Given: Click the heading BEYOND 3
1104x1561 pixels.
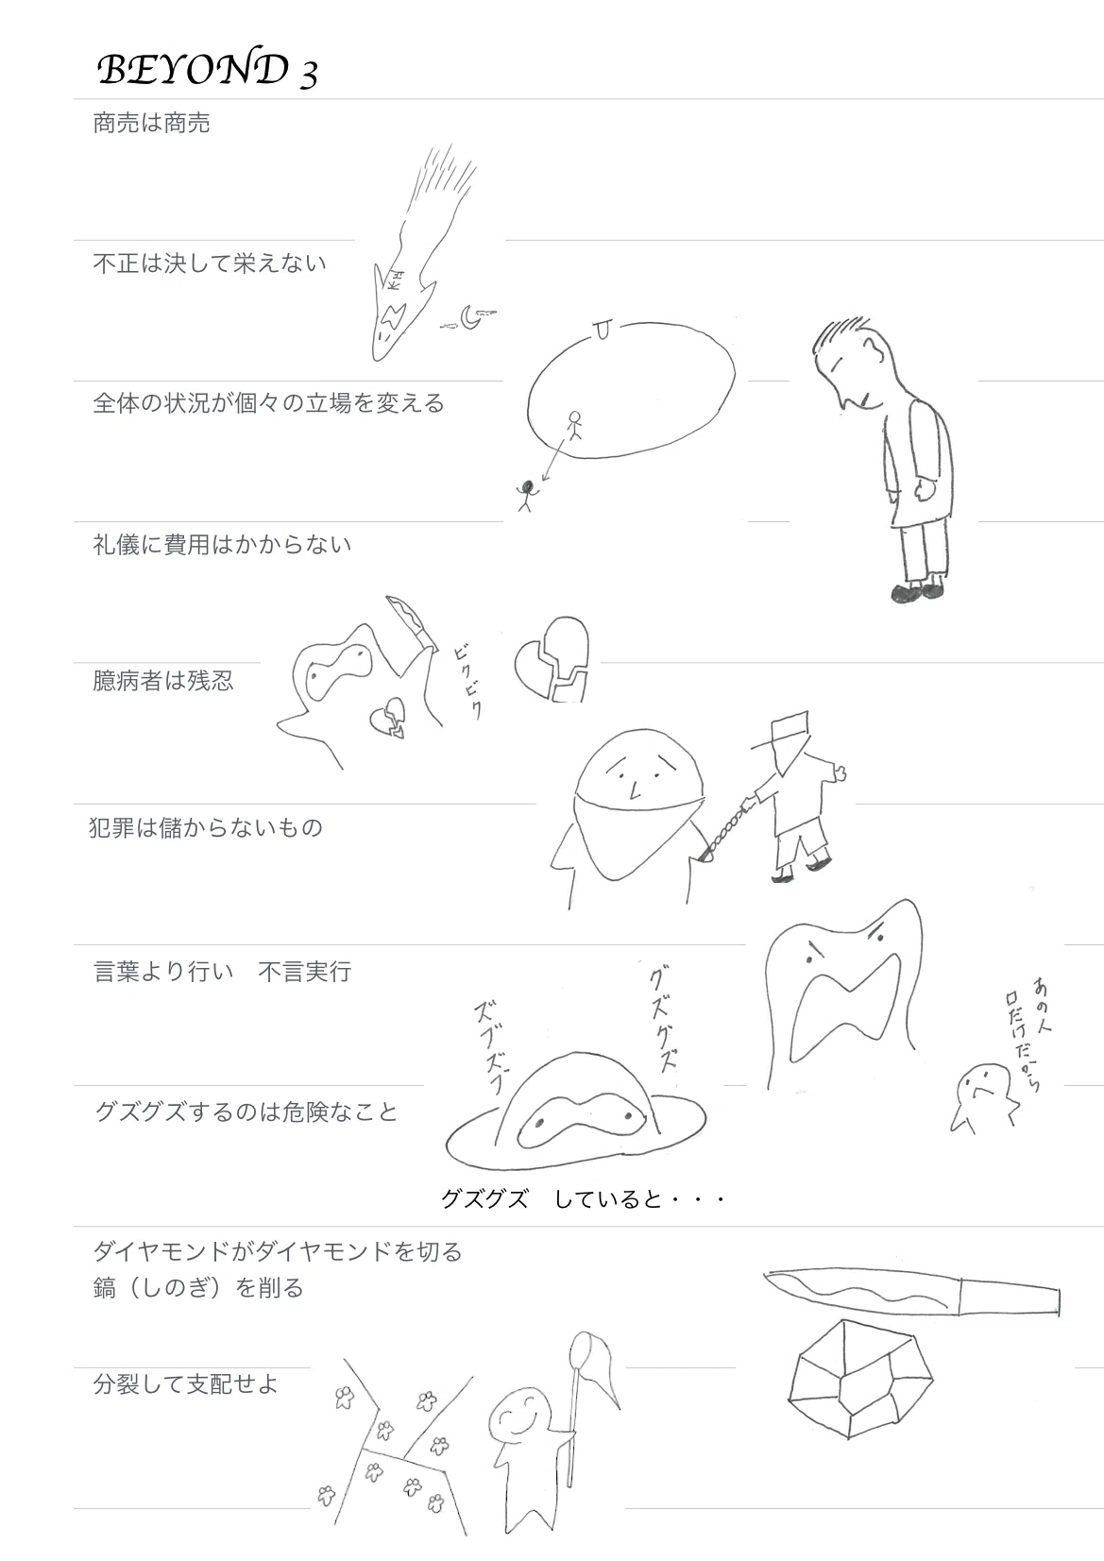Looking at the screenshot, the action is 207,71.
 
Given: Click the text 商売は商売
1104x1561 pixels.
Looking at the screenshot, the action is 151,124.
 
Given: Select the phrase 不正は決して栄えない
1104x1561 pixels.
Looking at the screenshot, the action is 209,263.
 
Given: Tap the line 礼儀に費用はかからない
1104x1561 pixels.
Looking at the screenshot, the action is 222,544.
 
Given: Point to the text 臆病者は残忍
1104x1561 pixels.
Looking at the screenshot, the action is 163,680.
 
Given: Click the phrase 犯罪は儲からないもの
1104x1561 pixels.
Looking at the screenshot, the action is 206,827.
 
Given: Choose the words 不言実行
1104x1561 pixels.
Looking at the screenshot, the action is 305,971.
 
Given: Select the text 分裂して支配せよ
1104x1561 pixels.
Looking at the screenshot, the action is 185,1383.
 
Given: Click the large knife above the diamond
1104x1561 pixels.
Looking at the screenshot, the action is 911,1294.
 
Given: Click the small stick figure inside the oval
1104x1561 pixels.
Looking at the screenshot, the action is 574,425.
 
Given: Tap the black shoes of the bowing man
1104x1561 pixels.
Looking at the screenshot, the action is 917,592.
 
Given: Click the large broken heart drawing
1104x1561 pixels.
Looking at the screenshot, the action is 552,658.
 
